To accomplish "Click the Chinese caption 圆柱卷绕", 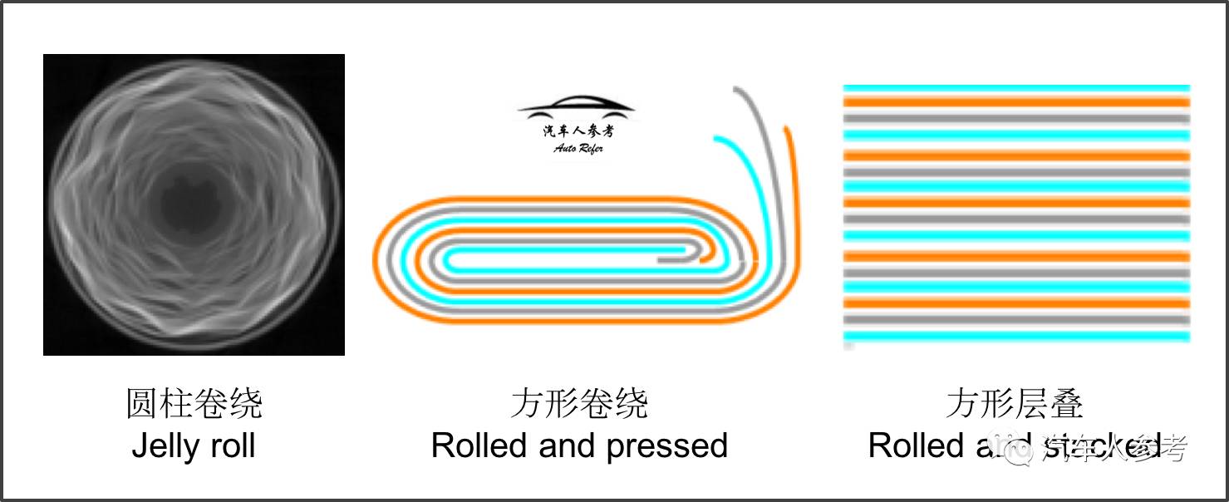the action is click(x=194, y=404).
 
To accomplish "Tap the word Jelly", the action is click(x=165, y=446).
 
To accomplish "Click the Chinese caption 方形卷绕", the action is click(x=579, y=404).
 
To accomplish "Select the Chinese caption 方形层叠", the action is click(x=1015, y=404).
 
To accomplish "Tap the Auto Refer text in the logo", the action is click(x=578, y=148).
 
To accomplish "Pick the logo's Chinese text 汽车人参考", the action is click(x=578, y=131).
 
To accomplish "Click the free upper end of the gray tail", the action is click(x=737, y=88).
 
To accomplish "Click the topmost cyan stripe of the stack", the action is click(x=1016, y=87).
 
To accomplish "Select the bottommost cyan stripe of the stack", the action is click(x=1016, y=337).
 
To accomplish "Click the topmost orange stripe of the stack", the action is click(x=1016, y=102).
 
